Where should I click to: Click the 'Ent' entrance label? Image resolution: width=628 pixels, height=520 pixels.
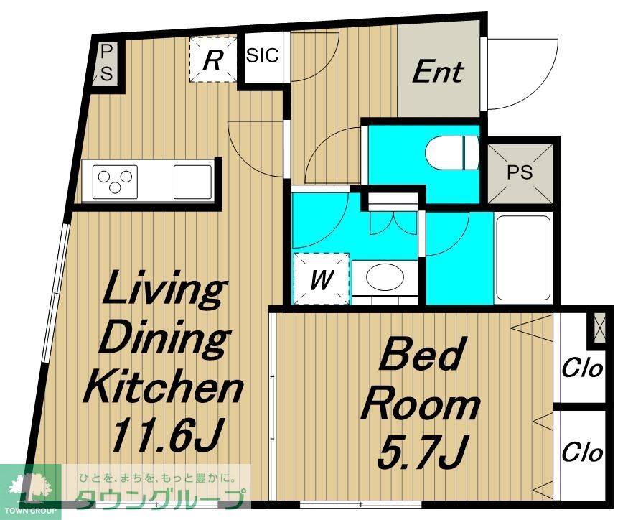438,73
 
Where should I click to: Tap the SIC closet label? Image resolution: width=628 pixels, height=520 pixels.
263,55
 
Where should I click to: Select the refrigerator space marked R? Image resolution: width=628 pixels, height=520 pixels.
213,60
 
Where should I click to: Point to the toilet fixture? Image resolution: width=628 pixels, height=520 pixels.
451,153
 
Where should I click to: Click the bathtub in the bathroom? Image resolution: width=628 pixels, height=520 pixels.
522,258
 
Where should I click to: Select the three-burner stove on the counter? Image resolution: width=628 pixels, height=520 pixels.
115,182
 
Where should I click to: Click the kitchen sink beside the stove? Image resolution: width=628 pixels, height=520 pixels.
192,182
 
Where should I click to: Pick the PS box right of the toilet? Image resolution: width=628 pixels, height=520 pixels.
520,173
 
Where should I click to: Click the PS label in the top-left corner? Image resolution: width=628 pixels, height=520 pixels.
106,63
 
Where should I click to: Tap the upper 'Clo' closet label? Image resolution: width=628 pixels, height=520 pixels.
582,368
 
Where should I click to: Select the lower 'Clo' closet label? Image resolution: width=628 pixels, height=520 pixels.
582,452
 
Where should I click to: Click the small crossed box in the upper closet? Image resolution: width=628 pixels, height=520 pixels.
599,328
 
